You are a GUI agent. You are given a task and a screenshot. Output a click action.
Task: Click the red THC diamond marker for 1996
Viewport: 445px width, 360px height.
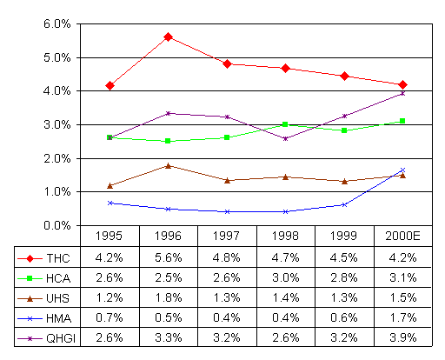[x=168, y=37]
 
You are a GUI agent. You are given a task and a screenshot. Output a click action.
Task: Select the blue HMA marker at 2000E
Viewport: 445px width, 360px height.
[x=402, y=170]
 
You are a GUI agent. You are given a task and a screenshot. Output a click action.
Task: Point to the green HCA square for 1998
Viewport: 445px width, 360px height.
[x=285, y=124]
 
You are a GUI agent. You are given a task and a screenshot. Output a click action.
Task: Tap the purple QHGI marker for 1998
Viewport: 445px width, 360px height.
[x=285, y=139]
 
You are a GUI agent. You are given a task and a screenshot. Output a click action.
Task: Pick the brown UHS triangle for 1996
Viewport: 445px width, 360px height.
[x=168, y=166]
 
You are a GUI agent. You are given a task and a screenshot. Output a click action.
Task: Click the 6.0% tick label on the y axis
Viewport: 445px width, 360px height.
[x=57, y=23]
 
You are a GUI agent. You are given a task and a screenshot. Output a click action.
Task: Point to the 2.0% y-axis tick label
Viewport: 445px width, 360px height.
[x=57, y=158]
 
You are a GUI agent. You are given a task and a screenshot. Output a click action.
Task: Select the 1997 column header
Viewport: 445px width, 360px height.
[x=227, y=236]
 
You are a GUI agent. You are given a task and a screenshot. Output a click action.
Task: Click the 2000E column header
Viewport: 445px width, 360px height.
[x=402, y=236]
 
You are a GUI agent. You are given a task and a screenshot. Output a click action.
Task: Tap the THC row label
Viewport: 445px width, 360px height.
[x=58, y=258]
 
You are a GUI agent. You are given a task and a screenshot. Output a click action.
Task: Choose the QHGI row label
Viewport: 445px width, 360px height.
[x=61, y=338]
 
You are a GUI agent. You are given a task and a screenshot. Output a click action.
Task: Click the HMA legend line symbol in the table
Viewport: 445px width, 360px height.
[x=30, y=318]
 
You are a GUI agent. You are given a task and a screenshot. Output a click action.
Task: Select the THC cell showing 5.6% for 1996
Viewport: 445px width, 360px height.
[x=168, y=257]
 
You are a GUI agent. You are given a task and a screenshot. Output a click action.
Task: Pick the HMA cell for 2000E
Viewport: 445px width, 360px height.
[x=403, y=318]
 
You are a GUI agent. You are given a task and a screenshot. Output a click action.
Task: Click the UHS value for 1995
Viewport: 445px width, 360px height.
[x=110, y=298]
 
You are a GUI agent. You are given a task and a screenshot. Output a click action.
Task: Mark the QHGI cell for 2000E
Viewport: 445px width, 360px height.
[x=403, y=337]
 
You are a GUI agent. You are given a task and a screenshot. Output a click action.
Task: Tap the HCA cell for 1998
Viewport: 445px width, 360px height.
[x=286, y=277]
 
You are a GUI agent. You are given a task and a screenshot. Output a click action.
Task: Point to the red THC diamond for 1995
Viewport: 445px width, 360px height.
[x=110, y=86]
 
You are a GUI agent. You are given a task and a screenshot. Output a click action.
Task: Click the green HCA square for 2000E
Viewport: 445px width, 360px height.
[x=402, y=121]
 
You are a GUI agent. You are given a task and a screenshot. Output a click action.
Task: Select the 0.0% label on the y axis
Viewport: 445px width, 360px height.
[x=57, y=225]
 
